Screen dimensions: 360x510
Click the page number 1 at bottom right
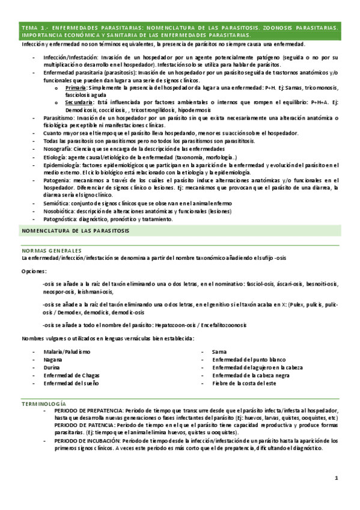click(x=338, y=478)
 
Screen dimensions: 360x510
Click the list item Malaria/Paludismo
click(x=67, y=351)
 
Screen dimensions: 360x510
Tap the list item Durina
click(x=52, y=367)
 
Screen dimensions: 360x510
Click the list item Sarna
click(x=219, y=351)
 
